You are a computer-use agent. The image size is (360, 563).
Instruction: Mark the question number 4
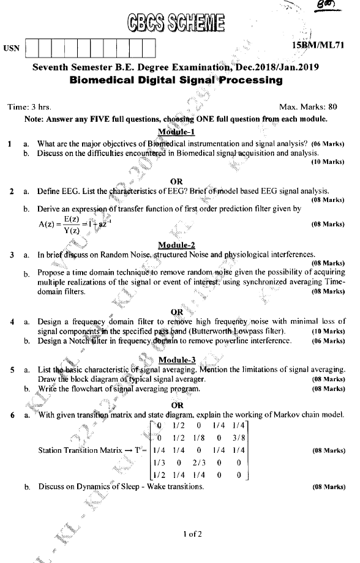[x=12, y=321]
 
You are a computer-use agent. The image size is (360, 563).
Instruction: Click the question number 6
[x=12, y=416]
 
